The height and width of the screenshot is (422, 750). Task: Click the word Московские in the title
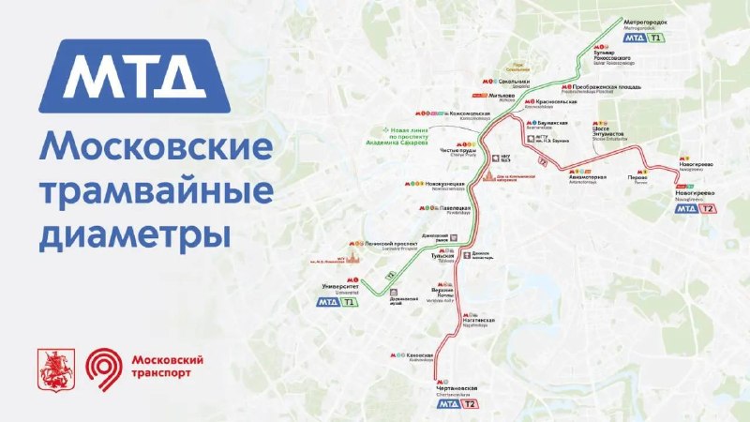tap(157, 147)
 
